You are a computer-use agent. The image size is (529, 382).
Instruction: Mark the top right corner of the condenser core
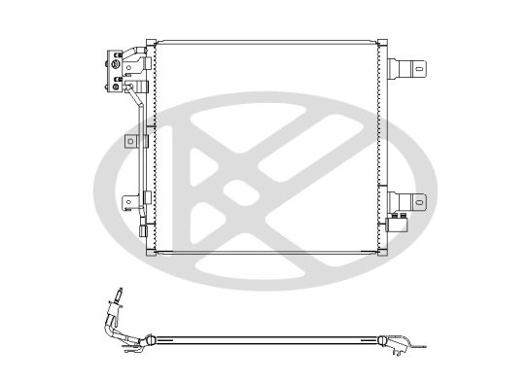pos(381,44)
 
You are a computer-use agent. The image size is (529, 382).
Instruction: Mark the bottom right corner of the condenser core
pos(381,252)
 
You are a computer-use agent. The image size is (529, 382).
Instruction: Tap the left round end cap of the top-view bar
pos(150,340)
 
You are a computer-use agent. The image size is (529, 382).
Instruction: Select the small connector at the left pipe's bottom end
pos(143,233)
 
